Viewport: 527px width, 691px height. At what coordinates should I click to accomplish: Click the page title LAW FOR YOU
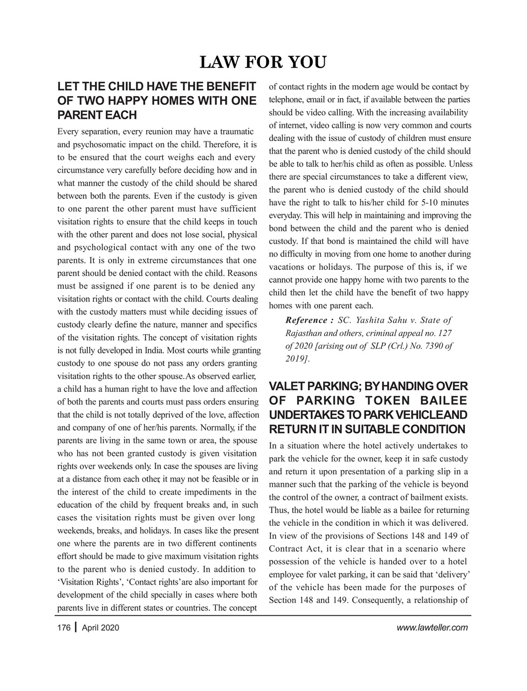[263, 63]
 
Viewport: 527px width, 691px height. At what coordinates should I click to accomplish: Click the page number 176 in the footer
[64, 627]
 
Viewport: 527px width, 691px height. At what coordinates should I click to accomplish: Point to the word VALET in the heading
[287, 387]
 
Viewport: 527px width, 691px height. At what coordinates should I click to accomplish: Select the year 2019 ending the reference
[296, 358]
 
